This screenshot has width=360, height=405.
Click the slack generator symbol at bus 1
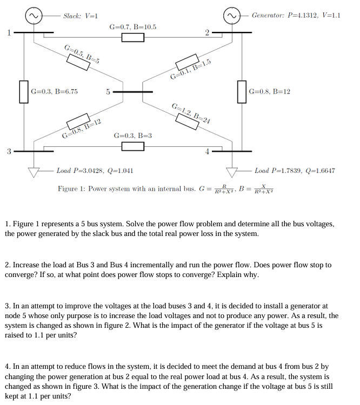tap(34, 16)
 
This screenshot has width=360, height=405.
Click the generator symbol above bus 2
tap(233, 16)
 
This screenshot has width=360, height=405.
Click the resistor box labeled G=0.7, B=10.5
tap(133, 37)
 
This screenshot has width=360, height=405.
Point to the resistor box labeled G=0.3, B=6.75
tap(24, 91)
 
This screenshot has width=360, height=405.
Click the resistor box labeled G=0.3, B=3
tap(133, 146)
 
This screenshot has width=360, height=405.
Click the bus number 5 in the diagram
tap(108, 92)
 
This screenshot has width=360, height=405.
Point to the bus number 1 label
tap(9, 32)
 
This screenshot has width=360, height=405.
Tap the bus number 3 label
tap(9, 151)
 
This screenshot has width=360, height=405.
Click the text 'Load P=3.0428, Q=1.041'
tap(95, 171)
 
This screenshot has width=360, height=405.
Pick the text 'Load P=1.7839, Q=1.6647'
tap(295, 171)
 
